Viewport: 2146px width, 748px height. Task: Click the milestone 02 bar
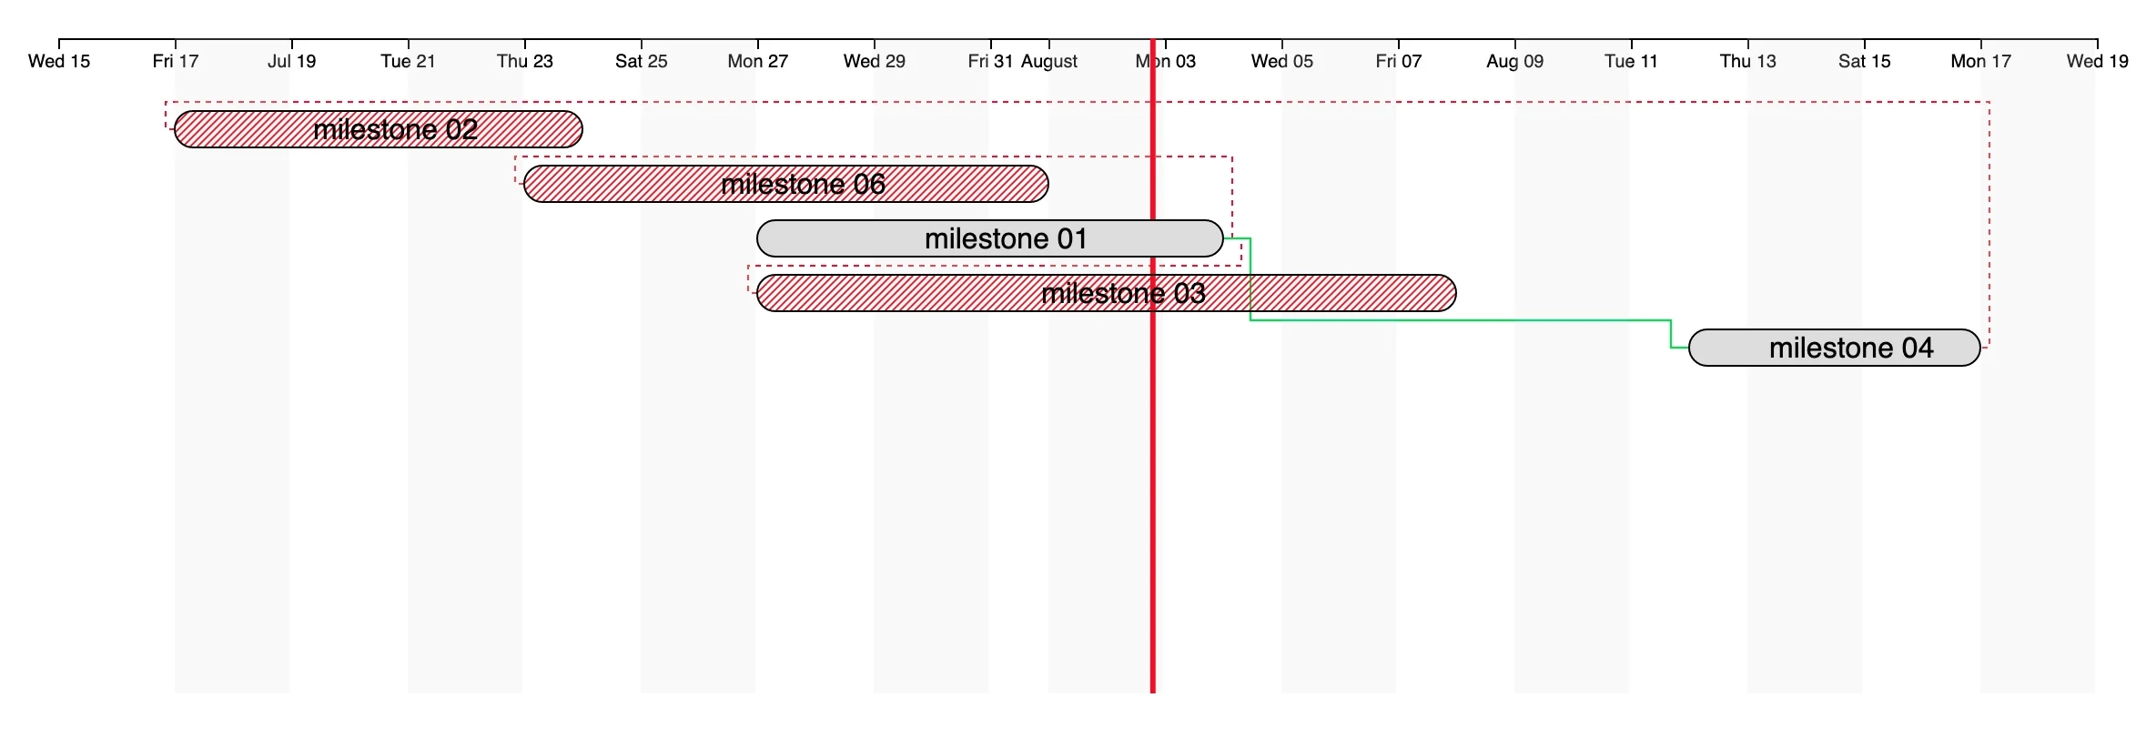point(378,129)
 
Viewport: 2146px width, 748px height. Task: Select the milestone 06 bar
point(785,184)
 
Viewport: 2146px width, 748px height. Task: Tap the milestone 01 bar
point(989,238)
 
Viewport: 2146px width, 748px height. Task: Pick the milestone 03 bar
point(1106,293)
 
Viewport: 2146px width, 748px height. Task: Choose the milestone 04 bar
point(1834,348)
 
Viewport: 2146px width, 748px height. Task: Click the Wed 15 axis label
point(59,61)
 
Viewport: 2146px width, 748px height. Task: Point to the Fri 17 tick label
point(176,61)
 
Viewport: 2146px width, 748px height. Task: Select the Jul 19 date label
point(292,61)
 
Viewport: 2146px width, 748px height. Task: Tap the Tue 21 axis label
point(408,61)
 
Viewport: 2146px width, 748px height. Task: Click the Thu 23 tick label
point(525,61)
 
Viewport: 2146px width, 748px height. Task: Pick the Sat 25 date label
point(642,61)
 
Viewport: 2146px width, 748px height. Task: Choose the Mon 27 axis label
point(758,61)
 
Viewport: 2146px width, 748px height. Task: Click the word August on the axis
point(1049,61)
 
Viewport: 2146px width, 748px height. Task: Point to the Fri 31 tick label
point(990,61)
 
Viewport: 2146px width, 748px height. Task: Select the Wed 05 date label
point(1282,61)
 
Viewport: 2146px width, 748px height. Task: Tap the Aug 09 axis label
point(1515,61)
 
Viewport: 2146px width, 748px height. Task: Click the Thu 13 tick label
point(1748,61)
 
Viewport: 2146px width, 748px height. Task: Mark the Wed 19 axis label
point(2097,61)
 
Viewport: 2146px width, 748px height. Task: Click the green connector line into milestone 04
point(1456,320)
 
